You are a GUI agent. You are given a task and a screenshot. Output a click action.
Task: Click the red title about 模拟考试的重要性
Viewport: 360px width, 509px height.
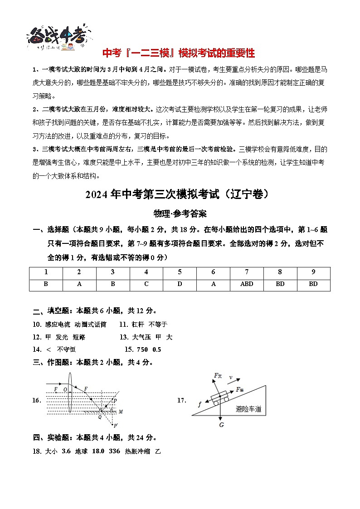[x=179, y=53]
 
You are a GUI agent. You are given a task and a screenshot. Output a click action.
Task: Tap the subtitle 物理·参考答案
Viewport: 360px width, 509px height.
[x=180, y=213]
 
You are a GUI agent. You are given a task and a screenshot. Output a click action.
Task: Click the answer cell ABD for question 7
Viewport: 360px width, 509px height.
[x=247, y=284]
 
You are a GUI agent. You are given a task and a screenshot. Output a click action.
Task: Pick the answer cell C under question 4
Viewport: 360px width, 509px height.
[x=146, y=284]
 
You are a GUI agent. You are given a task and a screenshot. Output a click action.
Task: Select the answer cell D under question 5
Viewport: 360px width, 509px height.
[x=180, y=284]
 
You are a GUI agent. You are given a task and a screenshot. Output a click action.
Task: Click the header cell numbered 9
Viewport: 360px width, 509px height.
[x=313, y=272]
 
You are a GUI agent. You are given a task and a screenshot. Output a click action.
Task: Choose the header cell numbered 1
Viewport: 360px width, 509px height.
[x=46, y=272]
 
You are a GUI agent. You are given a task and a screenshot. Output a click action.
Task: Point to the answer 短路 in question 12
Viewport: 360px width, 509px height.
[x=79, y=337]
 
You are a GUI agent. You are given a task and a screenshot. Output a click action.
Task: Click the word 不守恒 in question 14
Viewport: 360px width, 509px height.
[x=66, y=349]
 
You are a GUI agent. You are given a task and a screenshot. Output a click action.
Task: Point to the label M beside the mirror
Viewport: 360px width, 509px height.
[x=121, y=412]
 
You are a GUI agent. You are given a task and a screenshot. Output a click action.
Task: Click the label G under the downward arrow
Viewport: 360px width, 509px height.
[x=221, y=425]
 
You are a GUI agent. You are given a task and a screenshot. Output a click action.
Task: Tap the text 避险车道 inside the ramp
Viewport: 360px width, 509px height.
[x=249, y=409]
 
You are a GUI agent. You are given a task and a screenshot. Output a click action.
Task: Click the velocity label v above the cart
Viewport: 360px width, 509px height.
[x=231, y=377]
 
